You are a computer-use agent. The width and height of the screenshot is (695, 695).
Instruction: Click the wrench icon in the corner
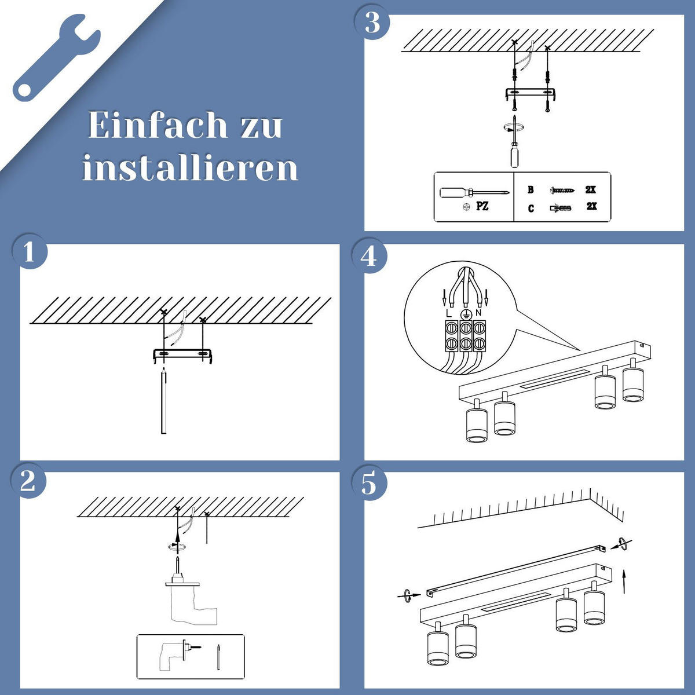click(56, 56)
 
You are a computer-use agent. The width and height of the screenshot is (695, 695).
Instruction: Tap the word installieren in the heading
click(189, 168)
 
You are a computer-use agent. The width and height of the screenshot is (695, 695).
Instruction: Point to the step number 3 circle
click(372, 23)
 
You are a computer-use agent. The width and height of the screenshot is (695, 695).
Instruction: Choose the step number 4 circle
click(369, 256)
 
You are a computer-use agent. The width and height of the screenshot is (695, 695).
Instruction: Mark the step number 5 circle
click(369, 484)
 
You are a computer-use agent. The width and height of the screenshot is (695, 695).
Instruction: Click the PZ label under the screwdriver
click(482, 206)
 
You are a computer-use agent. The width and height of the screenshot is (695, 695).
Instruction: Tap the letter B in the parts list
click(531, 190)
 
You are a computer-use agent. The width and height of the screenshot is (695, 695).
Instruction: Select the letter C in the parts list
click(531, 208)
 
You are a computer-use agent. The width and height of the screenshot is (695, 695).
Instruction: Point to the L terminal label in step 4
click(449, 313)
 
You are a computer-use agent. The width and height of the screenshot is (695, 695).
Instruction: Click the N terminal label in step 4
click(478, 313)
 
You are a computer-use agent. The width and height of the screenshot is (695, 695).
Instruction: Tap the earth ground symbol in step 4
click(464, 313)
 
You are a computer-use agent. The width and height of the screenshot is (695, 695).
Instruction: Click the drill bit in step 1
click(163, 403)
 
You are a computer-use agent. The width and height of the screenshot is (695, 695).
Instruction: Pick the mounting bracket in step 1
click(182, 354)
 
